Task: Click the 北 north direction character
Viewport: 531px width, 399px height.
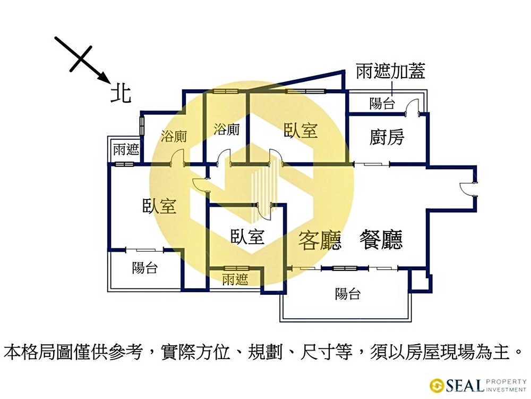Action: click(121, 94)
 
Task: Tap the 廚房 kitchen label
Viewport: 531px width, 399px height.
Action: click(387, 137)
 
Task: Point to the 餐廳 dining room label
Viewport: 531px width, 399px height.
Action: click(381, 240)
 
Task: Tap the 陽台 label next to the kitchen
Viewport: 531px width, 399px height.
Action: click(382, 103)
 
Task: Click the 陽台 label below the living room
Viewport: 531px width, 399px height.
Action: click(348, 294)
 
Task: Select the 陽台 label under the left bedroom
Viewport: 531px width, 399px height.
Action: click(145, 268)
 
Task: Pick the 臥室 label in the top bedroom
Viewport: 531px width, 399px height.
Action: click(301, 130)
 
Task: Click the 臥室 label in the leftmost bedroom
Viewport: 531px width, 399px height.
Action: click(159, 206)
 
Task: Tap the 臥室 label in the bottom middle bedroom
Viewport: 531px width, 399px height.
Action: click(247, 237)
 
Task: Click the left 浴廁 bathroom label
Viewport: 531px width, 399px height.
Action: click(174, 137)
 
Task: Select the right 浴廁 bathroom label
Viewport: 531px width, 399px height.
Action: click(227, 129)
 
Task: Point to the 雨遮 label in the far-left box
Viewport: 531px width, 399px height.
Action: click(126, 149)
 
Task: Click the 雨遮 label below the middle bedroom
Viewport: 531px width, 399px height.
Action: click(235, 279)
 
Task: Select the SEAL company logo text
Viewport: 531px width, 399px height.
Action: click(464, 385)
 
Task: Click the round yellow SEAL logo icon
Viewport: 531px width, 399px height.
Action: click(437, 385)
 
